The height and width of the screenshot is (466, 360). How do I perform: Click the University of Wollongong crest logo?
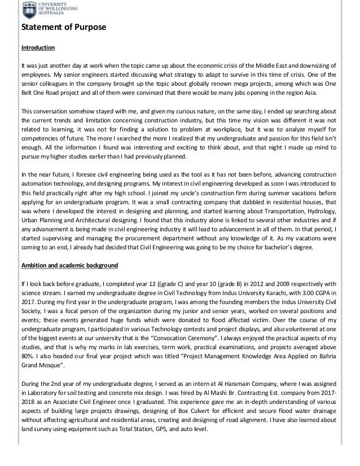tap(28, 10)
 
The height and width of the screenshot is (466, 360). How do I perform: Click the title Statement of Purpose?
tap(60, 28)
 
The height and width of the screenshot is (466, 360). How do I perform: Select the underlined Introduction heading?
tap(38, 48)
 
